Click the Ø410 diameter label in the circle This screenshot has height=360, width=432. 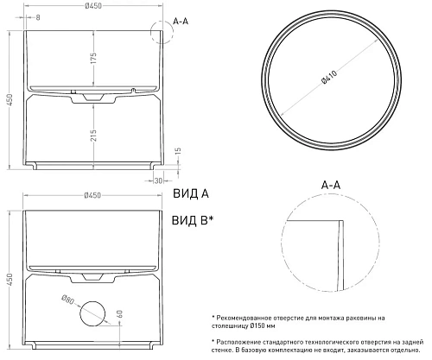pos(330,78)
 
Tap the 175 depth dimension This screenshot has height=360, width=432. pos(93,58)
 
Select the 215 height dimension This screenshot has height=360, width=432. pos(93,136)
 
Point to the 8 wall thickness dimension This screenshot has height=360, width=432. pos(38,17)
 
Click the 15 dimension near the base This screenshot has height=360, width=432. pos(178,151)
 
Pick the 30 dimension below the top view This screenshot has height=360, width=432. pos(158,180)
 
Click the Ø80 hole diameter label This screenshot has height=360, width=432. pos(68,300)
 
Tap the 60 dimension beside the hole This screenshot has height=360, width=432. pos(120,314)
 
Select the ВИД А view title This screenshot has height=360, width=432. pos(191,193)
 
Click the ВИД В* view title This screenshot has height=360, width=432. pos(193,221)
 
